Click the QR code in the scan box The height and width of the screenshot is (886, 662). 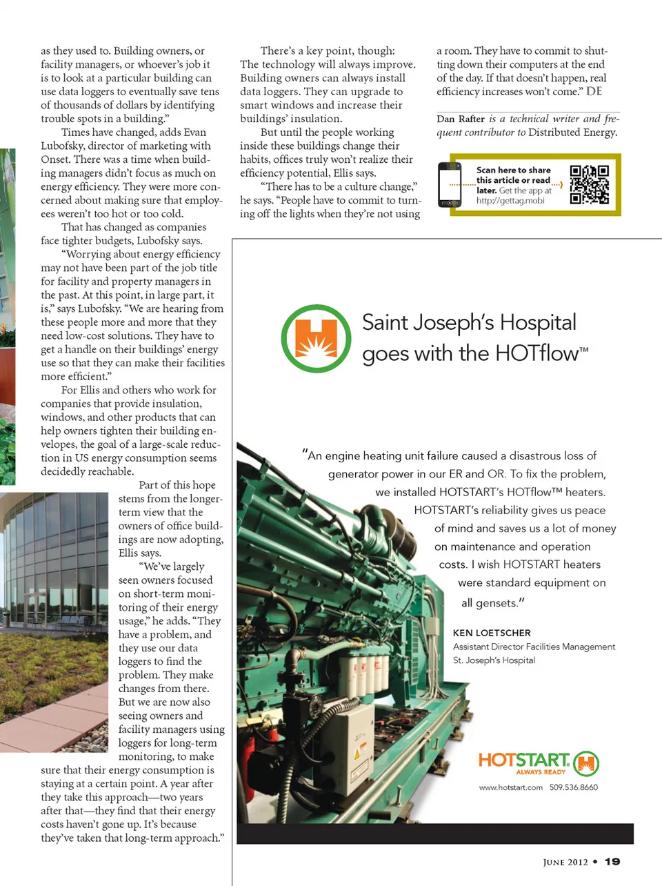[x=589, y=184]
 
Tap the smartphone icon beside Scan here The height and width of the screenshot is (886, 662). [x=450, y=184]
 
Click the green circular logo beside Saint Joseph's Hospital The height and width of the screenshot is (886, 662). [x=317, y=338]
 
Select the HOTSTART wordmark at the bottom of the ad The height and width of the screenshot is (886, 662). [x=524, y=760]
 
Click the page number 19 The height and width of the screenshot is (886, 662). [x=612, y=861]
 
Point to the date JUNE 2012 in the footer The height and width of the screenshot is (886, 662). [x=565, y=862]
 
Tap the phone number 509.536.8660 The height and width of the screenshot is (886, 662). [x=574, y=787]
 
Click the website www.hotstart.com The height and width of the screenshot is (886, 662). [x=510, y=787]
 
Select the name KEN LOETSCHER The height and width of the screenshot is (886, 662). [x=492, y=633]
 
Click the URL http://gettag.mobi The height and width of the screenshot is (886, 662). [x=510, y=201]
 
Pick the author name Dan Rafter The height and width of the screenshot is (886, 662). [x=461, y=119]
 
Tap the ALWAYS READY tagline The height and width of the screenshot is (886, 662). [x=541, y=772]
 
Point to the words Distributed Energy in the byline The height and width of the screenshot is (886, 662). [x=572, y=132]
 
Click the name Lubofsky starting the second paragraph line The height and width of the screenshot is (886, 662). [x=62, y=146]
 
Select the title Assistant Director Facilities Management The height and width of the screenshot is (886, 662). [x=534, y=647]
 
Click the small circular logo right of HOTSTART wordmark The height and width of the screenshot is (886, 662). [x=586, y=763]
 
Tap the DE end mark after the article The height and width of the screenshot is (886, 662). [x=594, y=91]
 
